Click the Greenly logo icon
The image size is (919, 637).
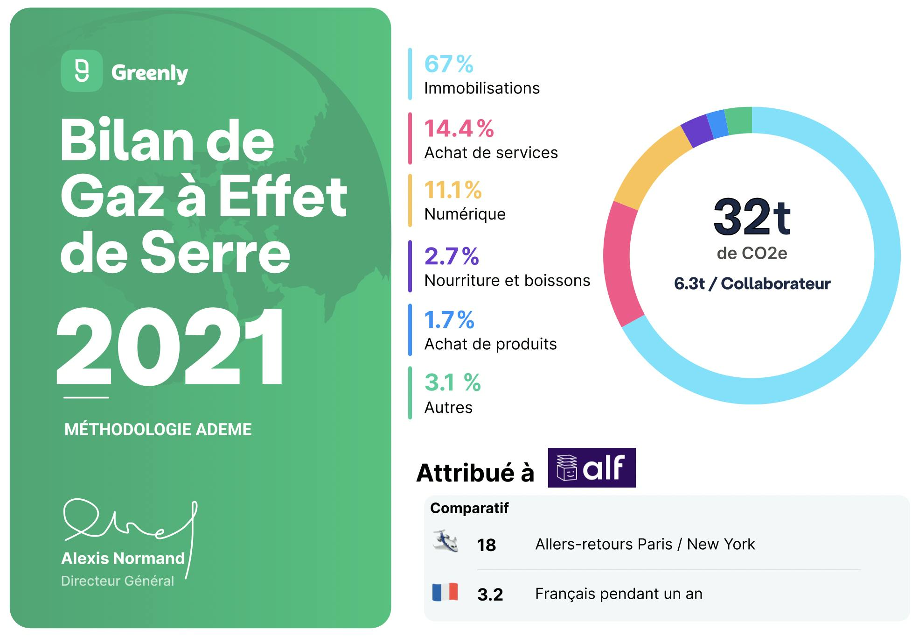pos(82,71)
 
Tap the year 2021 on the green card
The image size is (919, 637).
pos(171,346)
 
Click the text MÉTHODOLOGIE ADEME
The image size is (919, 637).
pos(158,430)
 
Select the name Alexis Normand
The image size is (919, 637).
pos(123,559)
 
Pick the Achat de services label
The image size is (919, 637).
pos(491,153)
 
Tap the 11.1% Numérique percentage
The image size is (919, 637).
pos(453,190)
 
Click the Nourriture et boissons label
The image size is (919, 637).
pos(507,281)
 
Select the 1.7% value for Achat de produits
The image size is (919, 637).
pos(449,320)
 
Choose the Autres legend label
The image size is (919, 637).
pos(448,408)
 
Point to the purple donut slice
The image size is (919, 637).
pos(697,131)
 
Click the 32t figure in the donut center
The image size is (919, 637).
pos(752,217)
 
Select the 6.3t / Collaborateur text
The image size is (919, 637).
pos(752,284)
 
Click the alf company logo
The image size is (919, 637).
pos(592,467)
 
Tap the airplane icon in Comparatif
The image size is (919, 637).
pos(445,542)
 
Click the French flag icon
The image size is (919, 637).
pos(445,592)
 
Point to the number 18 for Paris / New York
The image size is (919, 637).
pos(486,545)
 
